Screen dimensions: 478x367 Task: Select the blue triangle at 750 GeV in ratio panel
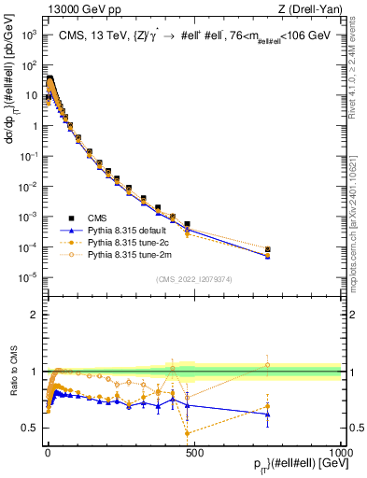[x=268, y=414]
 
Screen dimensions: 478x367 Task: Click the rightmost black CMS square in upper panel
[x=268, y=249]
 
